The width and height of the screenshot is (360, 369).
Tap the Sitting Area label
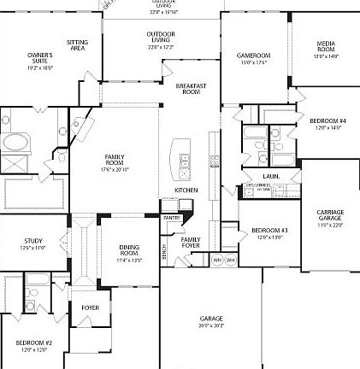coord(78,44)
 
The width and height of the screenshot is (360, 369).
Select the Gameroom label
coord(253,58)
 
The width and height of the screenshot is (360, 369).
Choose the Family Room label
coord(115,161)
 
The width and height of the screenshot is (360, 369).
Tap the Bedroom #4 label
coord(328,123)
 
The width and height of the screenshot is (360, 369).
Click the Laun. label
coord(271,176)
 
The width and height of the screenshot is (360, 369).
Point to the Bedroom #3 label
coord(269,233)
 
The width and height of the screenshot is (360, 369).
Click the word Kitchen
coord(186,190)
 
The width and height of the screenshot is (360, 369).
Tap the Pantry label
coord(170,218)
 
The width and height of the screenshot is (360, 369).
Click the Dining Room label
coord(129,250)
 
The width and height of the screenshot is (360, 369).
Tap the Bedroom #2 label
coord(33,346)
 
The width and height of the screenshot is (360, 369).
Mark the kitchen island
coord(180,154)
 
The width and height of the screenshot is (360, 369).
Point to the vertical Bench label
coord(164,253)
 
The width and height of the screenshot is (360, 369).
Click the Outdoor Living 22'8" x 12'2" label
coord(161,38)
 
